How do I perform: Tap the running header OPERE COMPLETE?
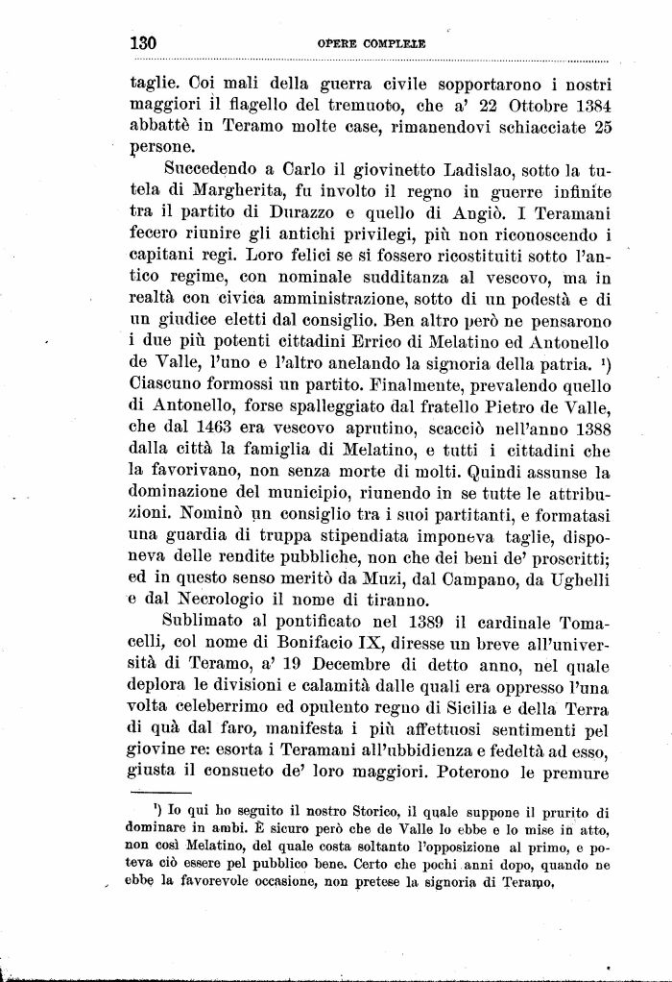(x=372, y=44)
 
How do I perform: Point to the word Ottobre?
(x=517, y=105)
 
